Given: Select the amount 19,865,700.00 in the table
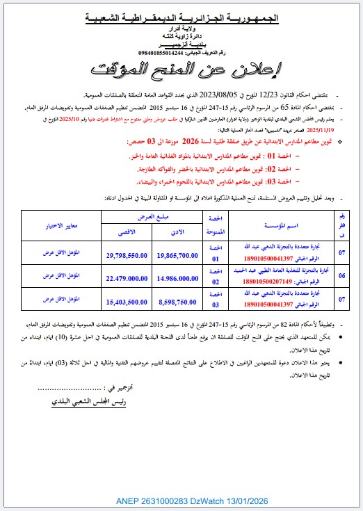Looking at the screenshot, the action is [x=178, y=256].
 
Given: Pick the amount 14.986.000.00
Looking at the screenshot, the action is [x=178, y=279].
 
